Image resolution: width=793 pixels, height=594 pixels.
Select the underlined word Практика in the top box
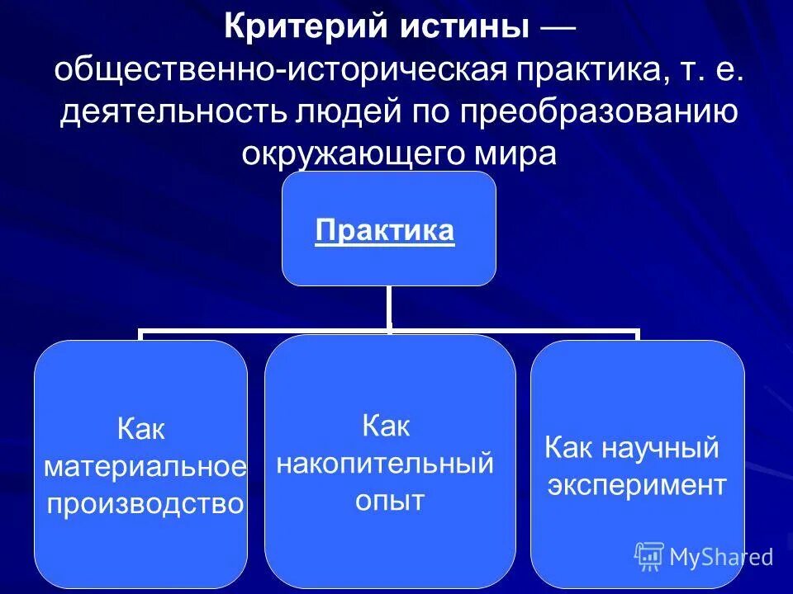point(385,230)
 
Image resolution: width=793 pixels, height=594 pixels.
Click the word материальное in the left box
point(145,467)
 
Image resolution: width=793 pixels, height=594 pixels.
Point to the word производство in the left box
point(145,503)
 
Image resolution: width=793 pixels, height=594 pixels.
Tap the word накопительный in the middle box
point(385,463)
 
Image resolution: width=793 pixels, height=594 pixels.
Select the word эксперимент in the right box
point(637,485)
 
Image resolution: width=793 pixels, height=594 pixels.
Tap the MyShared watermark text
point(720,557)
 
